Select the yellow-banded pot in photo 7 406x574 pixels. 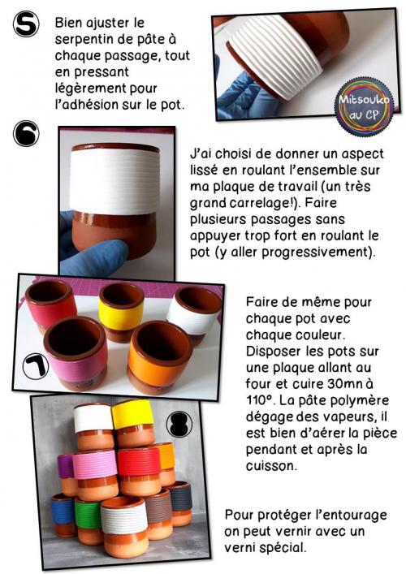click(121, 313)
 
